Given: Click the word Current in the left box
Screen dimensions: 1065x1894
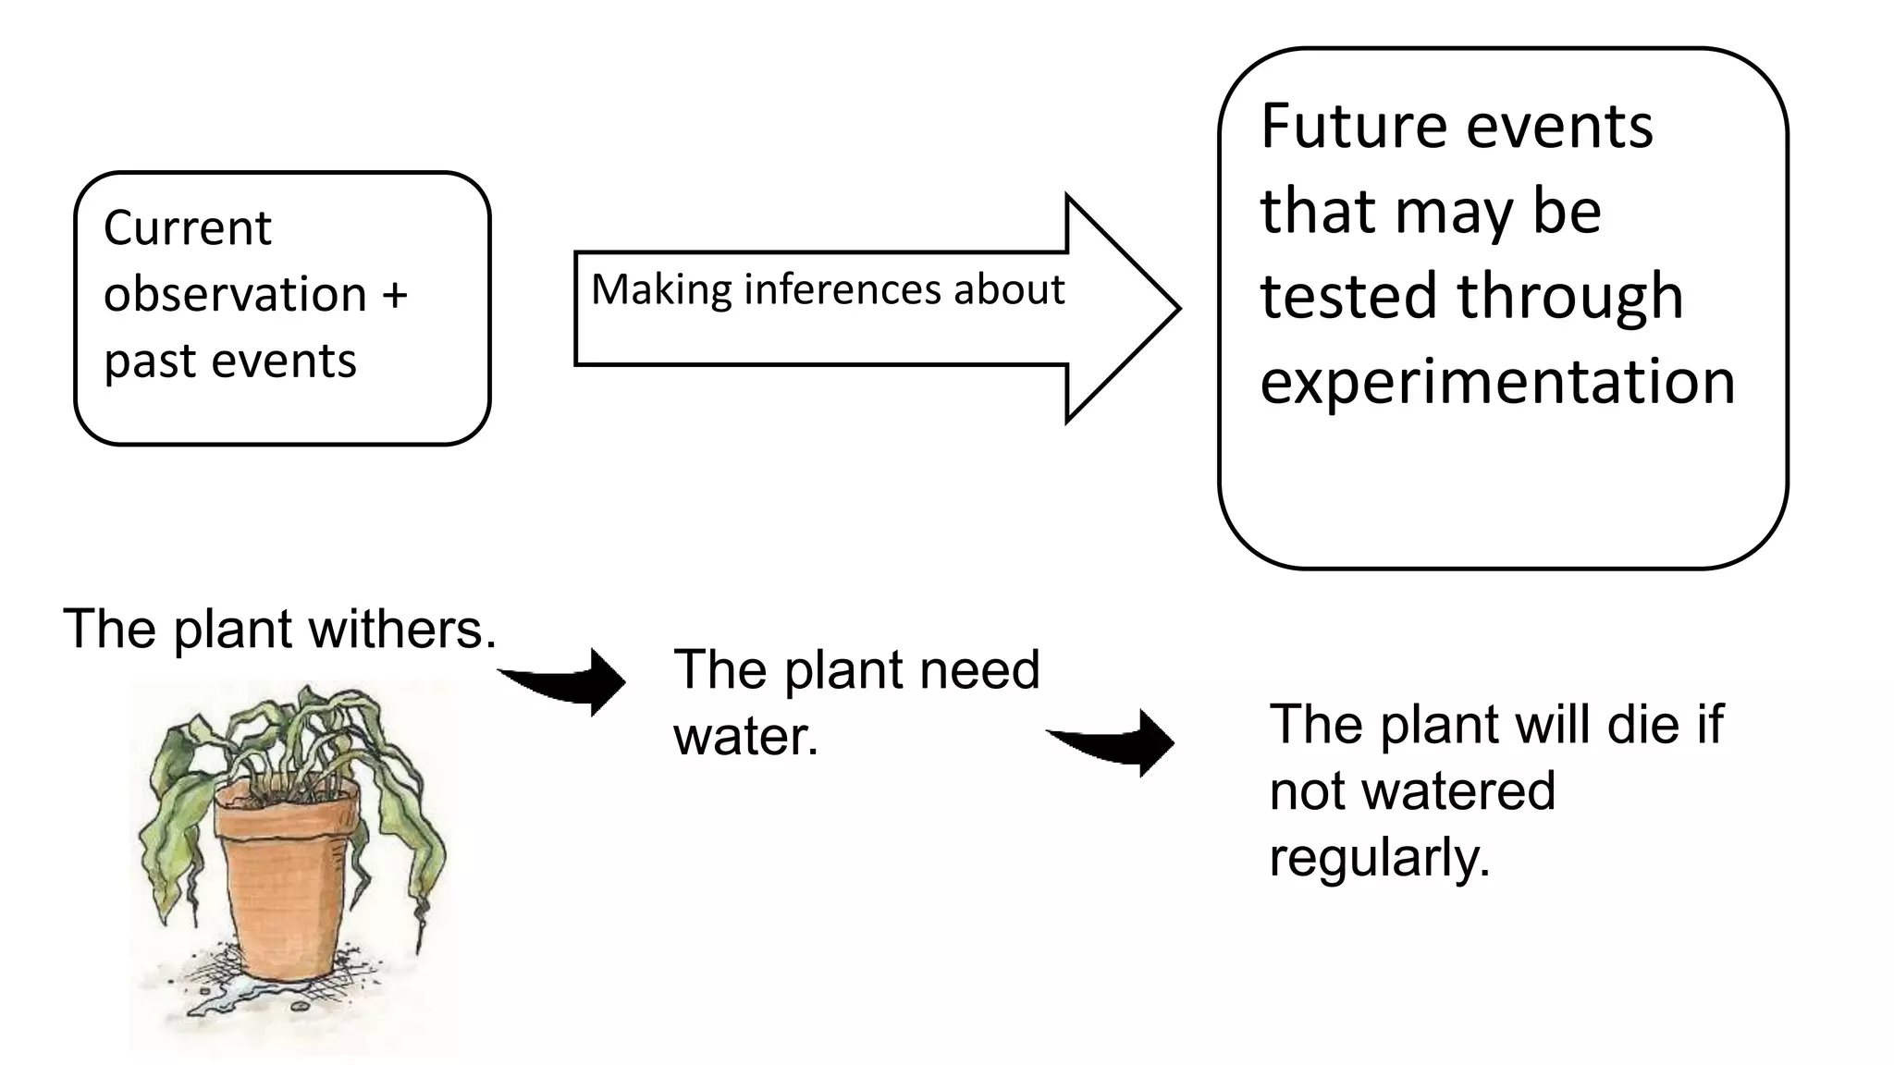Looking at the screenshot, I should coord(187,227).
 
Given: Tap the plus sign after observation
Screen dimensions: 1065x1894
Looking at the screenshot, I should coord(394,295).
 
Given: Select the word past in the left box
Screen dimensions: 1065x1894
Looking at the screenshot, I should coord(148,361).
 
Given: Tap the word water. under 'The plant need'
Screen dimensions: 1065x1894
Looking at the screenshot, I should coord(745,737).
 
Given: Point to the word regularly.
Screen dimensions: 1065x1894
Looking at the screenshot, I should coord(1379,858).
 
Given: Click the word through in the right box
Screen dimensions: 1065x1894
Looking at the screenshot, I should coord(1569,297).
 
